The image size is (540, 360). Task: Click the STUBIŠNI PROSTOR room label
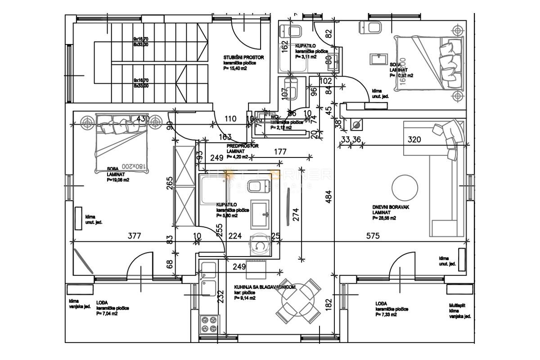point(243,58)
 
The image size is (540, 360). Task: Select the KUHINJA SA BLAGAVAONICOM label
point(265,287)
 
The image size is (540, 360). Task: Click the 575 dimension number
point(373,235)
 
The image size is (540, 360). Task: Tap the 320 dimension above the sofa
point(414,139)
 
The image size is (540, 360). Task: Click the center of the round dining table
point(298,300)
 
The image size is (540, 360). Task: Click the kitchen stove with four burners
point(208,323)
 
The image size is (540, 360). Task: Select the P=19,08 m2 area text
point(118,180)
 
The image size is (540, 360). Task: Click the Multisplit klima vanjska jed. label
point(460,310)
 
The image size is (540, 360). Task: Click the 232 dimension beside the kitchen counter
point(220,298)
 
